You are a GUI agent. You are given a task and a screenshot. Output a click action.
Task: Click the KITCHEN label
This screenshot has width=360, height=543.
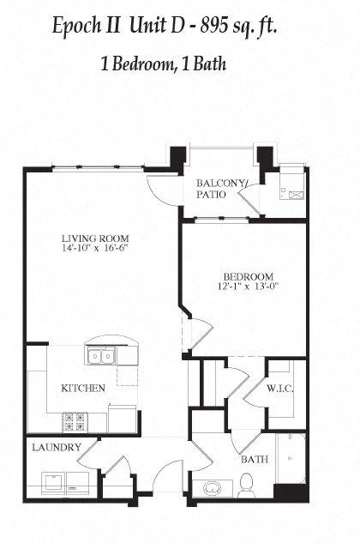[83, 388]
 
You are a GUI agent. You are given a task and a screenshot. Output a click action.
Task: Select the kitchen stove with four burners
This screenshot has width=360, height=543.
[74, 422]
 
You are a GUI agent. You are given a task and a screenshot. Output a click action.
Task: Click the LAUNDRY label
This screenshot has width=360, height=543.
[57, 447]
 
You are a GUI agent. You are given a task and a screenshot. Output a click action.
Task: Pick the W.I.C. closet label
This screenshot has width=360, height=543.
[280, 389]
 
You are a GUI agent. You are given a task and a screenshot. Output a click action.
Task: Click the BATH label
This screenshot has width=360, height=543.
[255, 459]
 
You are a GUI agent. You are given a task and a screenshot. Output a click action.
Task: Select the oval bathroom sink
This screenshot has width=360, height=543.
[210, 489]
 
